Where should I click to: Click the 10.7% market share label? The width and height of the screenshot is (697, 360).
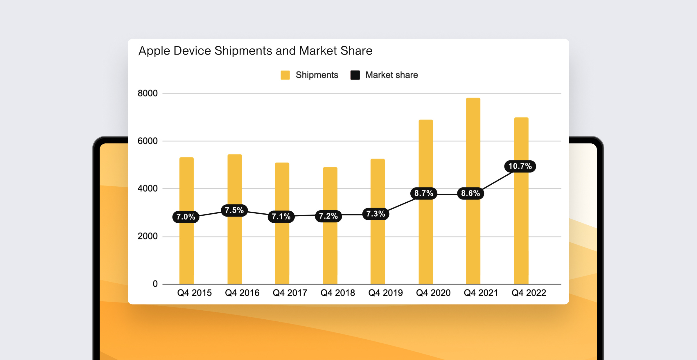(520, 166)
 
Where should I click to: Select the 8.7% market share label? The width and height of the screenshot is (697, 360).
(424, 193)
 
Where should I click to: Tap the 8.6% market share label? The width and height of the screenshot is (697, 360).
(470, 193)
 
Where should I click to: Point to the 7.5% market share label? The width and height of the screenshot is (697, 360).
(234, 210)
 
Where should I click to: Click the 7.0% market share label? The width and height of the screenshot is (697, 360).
(186, 217)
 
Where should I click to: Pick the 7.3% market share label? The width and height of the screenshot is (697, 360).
(376, 214)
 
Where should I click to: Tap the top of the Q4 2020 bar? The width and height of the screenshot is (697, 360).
(426, 120)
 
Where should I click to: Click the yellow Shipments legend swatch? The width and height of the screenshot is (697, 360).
(285, 75)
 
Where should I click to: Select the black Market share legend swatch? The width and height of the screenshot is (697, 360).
(355, 75)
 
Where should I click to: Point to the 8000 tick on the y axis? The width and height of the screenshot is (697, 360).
(148, 93)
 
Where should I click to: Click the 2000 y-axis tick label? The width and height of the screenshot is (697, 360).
(148, 236)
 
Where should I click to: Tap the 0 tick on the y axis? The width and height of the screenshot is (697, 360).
(155, 284)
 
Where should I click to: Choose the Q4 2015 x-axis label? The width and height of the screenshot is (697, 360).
(194, 293)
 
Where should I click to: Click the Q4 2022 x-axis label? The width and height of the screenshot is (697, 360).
(529, 293)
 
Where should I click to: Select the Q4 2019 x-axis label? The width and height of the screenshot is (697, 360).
(385, 293)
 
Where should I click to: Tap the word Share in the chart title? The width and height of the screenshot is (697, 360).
(356, 51)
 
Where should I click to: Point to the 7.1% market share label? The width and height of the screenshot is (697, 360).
(281, 217)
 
